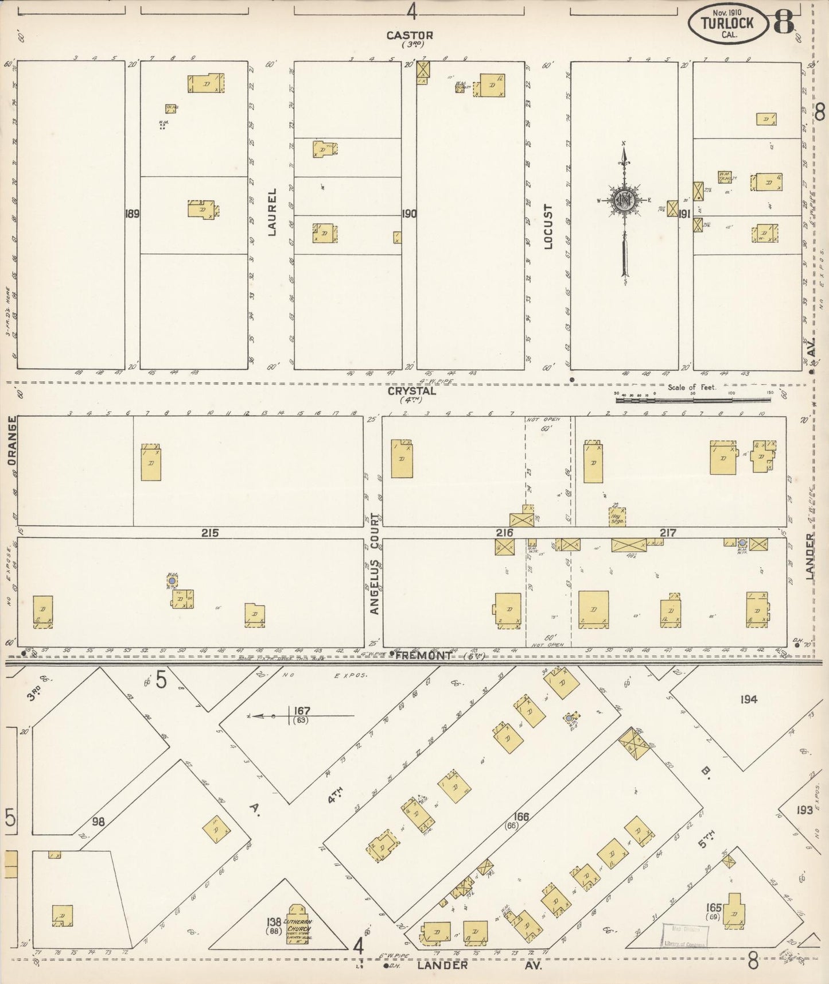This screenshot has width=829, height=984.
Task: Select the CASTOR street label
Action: click(x=409, y=36)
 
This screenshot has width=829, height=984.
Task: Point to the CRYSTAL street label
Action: click(x=411, y=391)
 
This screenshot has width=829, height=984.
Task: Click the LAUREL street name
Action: click(x=272, y=212)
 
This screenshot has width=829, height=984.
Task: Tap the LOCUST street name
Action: click(x=547, y=226)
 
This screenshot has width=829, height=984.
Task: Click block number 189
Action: click(x=132, y=214)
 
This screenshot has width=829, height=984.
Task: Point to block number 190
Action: click(x=408, y=214)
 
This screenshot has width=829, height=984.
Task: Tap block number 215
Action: click(x=209, y=532)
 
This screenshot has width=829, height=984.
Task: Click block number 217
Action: click(x=667, y=532)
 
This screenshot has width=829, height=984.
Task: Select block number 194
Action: click(x=748, y=699)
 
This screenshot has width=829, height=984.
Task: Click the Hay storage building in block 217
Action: click(x=617, y=516)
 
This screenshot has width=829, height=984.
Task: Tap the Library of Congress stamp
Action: click(x=684, y=936)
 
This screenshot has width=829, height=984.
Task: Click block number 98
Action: click(x=98, y=822)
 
